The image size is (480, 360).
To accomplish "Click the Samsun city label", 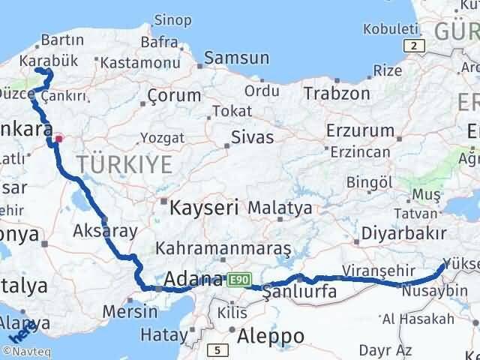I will pos(236,58).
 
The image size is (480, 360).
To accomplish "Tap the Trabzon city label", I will pos(337,94).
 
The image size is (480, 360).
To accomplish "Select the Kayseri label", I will pos(204,206).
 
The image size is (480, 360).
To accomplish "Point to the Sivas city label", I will pos(252,136).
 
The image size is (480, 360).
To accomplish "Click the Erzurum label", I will pos(360,130).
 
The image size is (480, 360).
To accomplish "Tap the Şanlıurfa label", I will pos(299,292).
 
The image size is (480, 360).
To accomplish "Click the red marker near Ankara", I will pos(59,138).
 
